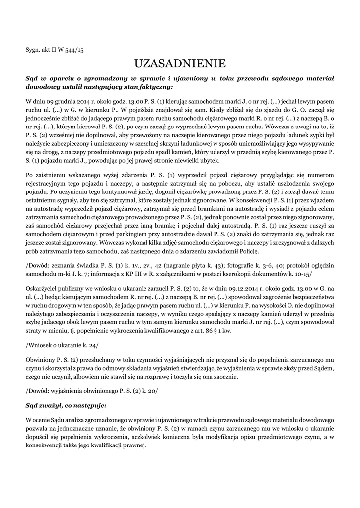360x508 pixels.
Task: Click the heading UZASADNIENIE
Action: pos(180,63)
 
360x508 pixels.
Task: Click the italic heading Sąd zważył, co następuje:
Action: pos(66,405)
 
